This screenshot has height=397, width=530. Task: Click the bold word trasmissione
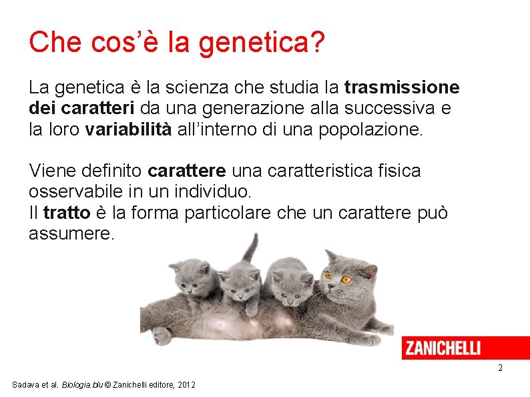click(402, 87)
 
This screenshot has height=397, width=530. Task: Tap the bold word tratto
click(66, 213)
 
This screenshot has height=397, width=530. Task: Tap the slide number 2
click(499, 368)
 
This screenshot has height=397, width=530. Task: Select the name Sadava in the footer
click(26, 385)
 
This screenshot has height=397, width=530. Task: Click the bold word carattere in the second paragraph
click(186, 171)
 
